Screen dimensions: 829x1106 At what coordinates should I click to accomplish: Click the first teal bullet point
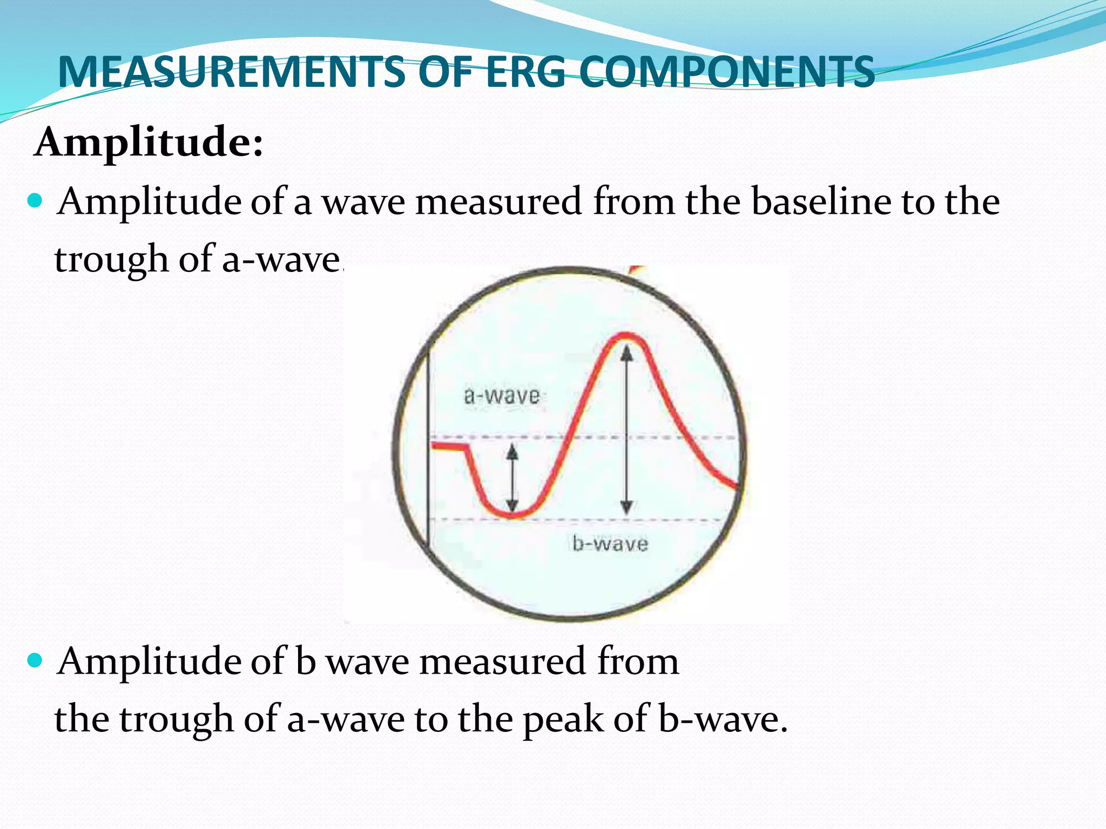[x=35, y=201]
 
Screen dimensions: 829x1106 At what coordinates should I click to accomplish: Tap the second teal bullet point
[x=35, y=660]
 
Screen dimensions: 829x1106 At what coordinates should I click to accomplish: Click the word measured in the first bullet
[x=498, y=201]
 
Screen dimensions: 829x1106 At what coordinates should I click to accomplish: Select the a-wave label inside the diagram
[x=502, y=396]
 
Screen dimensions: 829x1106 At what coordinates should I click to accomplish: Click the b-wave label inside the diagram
[x=610, y=543]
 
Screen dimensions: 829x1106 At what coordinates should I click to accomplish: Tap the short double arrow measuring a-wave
[x=512, y=478]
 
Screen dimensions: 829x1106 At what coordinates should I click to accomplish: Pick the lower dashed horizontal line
[x=621, y=520]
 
